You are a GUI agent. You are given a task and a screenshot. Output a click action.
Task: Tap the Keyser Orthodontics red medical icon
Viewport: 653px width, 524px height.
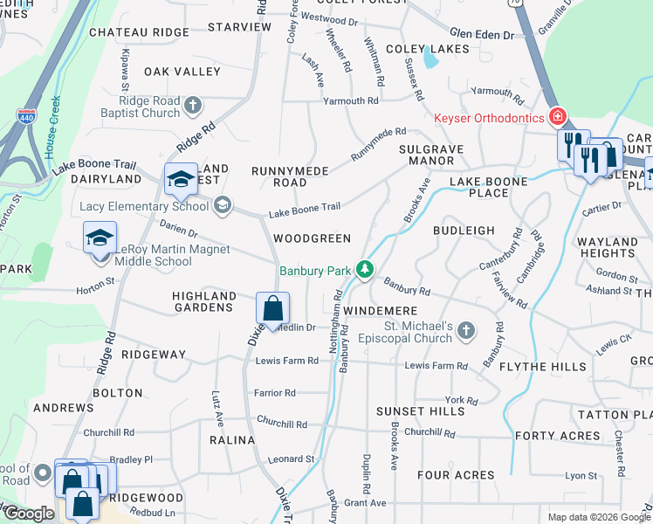coord(556,116)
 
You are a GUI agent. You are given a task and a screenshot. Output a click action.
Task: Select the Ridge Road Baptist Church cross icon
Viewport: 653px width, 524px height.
coord(193,106)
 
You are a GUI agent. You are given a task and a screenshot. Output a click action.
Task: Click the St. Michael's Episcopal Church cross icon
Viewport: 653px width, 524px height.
coord(466,329)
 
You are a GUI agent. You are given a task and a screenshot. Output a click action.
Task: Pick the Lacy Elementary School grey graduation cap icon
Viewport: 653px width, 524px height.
coord(223,205)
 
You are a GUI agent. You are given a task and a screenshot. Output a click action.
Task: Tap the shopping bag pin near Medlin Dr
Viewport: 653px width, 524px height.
coord(272,309)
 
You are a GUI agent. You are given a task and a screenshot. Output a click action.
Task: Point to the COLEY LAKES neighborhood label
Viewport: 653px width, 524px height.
coord(423,49)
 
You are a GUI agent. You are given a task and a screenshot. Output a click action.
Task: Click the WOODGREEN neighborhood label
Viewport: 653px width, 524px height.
coord(312,238)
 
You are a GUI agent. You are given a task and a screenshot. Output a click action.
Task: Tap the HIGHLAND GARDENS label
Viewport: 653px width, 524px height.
coord(204,302)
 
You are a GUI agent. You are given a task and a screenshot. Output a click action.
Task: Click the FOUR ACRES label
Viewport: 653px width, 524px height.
coord(455,475)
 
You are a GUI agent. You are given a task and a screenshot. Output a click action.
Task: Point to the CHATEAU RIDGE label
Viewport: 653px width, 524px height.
coord(150,32)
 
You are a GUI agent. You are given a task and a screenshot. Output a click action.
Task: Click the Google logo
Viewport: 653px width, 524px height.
coord(29,514)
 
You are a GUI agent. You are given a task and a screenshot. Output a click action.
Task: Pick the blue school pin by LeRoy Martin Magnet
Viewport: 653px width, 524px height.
coord(100,239)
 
